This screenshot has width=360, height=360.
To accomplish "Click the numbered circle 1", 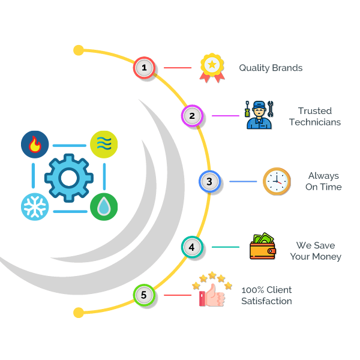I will pos(144,68).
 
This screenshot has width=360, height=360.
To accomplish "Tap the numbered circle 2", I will pos(192,116).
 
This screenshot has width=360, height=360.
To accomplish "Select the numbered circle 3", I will pos(209,181).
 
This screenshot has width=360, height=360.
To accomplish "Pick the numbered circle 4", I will pos(191,247).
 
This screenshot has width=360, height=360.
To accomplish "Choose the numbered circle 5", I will pos(143,295).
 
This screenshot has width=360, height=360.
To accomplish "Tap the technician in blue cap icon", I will pos(259,115).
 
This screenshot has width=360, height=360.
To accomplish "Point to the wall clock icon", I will pos(277,181).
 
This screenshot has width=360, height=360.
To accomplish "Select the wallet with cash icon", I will pos(262,247).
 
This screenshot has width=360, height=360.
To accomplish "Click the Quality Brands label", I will pos(271,68).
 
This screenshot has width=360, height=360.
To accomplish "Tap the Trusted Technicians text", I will pos(315,116).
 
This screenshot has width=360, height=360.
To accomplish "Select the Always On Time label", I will pos(324,181).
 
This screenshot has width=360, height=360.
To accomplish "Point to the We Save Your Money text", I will pos(316,251).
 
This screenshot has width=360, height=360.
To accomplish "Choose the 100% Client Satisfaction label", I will pos(266,295).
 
